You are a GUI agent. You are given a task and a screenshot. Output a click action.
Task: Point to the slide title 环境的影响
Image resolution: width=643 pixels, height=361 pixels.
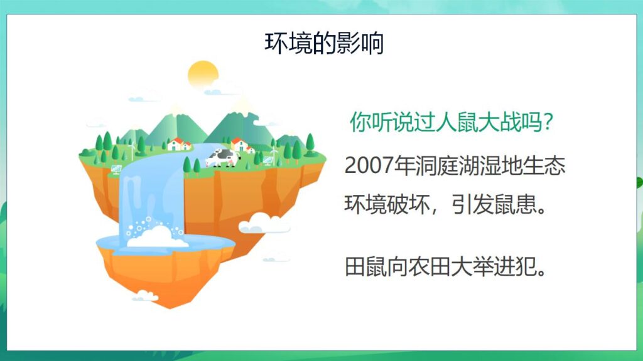click(x=323, y=43)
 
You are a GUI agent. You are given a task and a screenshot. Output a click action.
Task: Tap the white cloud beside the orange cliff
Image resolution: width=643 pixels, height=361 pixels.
click(x=264, y=222)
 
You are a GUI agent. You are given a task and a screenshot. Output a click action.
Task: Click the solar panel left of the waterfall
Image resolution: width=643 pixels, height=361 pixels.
click(x=116, y=169)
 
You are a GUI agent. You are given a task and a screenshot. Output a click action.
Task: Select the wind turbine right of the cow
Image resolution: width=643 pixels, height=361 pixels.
click(x=274, y=152)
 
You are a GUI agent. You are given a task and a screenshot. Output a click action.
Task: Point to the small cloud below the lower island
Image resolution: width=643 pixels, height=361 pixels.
click(x=145, y=295)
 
